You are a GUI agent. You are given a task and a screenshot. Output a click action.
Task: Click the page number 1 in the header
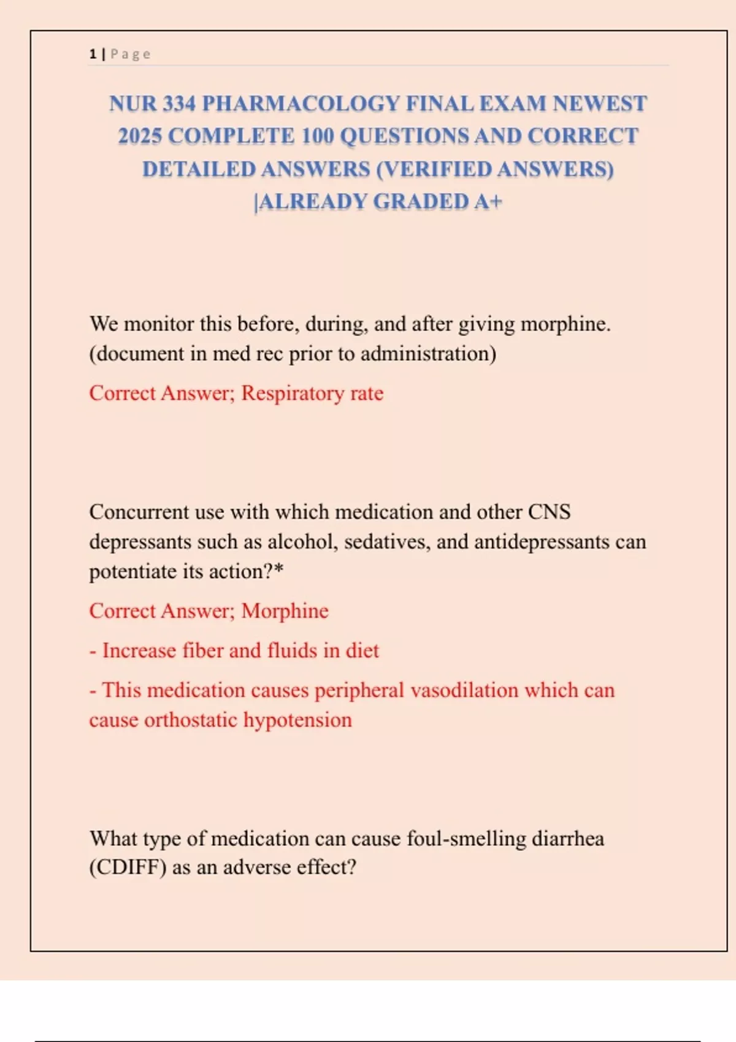click(93, 54)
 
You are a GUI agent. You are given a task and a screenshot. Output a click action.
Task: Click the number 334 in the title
click(179, 104)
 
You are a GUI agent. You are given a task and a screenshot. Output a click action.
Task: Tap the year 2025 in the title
click(140, 136)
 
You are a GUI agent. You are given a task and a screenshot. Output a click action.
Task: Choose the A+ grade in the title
click(488, 202)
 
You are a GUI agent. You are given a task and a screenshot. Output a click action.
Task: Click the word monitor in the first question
click(158, 324)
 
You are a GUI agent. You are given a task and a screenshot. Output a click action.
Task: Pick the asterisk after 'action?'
click(279, 570)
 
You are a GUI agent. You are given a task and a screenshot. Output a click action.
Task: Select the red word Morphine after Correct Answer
click(285, 611)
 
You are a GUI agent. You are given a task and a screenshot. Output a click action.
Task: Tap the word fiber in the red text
click(202, 650)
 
